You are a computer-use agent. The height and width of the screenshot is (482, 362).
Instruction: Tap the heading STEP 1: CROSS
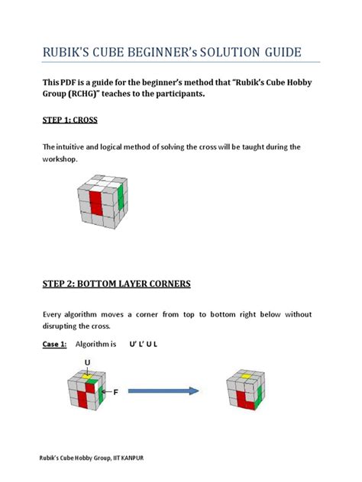[69, 120]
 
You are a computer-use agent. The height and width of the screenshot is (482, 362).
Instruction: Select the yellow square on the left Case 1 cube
[88, 377]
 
